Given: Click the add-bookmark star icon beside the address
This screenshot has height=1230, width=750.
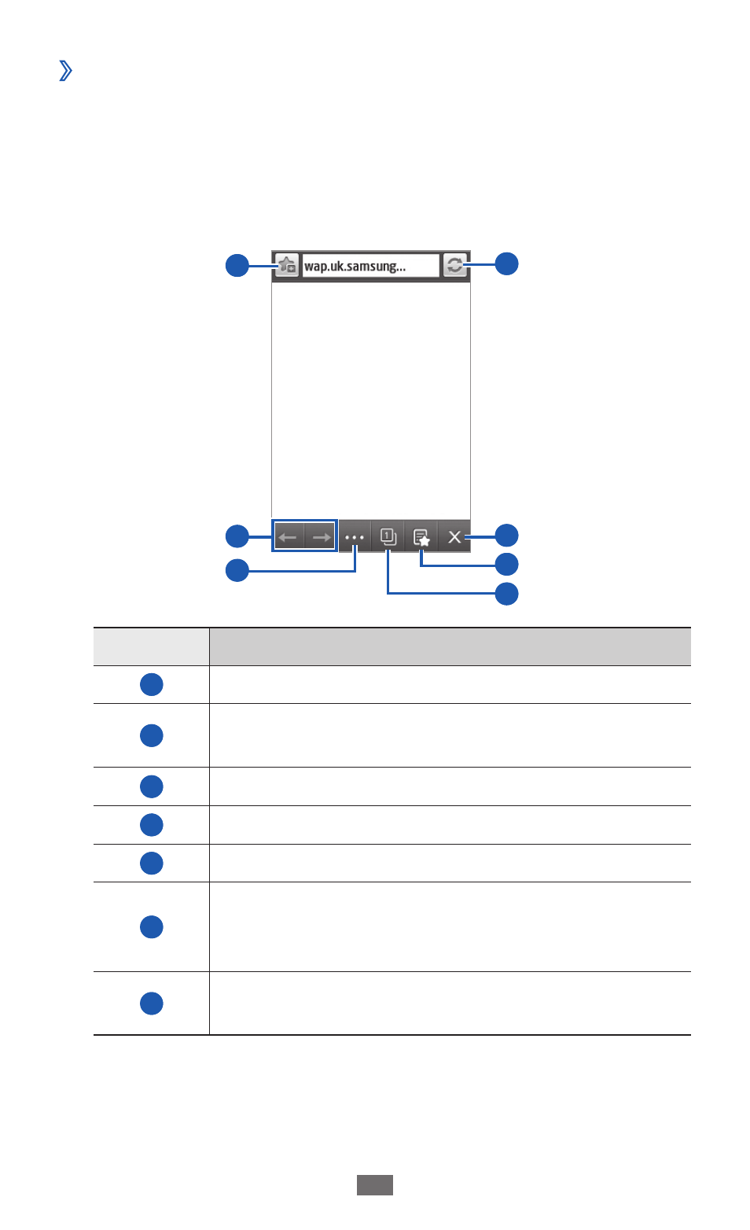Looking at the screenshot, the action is coord(287,266).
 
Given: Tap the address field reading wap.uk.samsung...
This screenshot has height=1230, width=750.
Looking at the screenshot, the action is coord(370,266).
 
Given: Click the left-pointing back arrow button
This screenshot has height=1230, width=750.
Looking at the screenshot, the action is coord(289,536).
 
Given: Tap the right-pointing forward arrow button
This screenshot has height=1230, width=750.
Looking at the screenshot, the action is coord(321,536).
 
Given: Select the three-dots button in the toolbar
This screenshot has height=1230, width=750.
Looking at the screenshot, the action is coord(355,537).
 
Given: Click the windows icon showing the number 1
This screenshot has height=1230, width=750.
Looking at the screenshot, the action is coord(388,536).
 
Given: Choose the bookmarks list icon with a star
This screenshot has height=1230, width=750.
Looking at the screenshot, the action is coord(421,537).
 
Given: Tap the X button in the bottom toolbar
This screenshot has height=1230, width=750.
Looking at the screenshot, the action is coord(454,536).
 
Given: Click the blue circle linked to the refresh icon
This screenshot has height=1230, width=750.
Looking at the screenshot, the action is coord(507,264).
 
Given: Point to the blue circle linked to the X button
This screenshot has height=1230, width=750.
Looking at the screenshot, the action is coord(507,536).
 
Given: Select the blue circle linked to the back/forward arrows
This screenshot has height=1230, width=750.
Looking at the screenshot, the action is coord(237,536).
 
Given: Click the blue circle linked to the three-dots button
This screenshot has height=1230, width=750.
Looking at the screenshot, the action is coord(237,570).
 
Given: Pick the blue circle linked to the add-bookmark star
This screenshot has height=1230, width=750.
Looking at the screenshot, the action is coord(237,265).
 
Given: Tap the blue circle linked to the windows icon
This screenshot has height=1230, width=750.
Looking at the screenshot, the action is coord(507,594).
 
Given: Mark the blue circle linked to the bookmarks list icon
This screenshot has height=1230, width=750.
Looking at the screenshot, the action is coord(507,565).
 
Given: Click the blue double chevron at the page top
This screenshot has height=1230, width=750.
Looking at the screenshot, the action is coord(65,70).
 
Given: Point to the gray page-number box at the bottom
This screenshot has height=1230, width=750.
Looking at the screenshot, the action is coord(375,1185).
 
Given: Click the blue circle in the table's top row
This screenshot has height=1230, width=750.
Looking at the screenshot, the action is coord(152,685).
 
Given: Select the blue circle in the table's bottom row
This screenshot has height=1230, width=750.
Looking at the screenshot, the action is coord(152,1004).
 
